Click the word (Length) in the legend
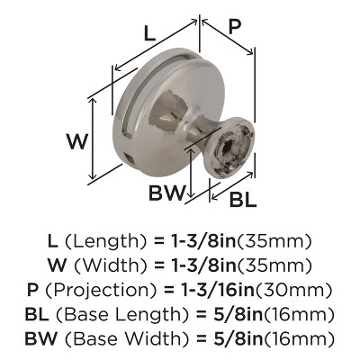(x=102, y=242)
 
